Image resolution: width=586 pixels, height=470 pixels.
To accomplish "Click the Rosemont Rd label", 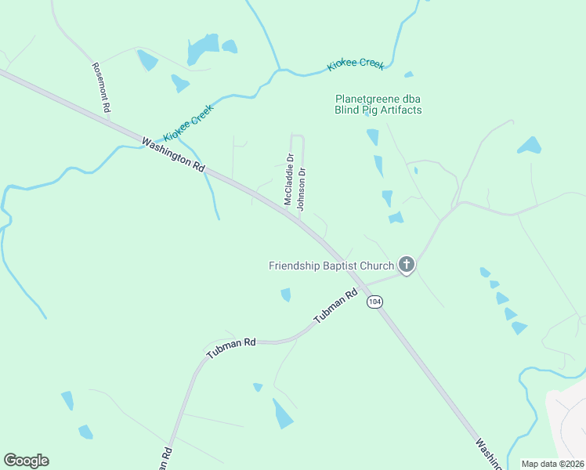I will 99,86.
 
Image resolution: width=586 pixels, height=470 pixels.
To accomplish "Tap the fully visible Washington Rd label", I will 173,154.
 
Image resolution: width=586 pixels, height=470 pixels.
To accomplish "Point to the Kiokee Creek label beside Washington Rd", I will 189,123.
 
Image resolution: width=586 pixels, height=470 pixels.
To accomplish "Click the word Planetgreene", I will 367,99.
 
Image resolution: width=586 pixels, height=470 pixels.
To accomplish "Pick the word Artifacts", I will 400,110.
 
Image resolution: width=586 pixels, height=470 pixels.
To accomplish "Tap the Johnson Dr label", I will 301,189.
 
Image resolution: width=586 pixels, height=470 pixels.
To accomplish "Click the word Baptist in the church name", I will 339,266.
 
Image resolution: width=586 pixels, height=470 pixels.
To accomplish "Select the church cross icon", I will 406,266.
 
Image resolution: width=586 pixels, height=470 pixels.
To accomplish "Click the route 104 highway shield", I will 375,302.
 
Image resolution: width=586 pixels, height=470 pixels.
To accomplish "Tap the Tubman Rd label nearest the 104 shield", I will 335,307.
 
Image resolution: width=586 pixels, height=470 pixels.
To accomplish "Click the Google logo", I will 26,461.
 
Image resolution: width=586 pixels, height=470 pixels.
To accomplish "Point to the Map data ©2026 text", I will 552,464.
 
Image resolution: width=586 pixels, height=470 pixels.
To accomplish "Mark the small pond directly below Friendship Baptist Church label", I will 286,295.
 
